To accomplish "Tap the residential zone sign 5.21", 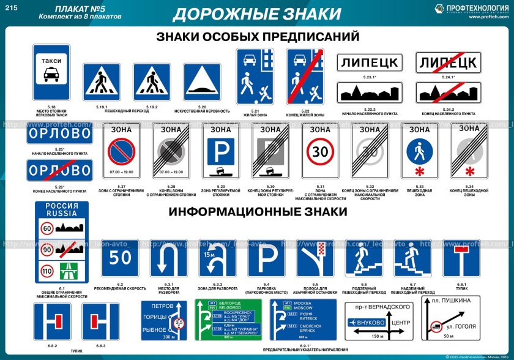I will [255, 77].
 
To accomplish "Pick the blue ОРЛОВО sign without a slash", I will [59, 135].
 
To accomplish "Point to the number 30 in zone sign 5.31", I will [320, 151].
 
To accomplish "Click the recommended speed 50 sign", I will [120, 258].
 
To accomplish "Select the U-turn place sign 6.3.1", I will [169, 258].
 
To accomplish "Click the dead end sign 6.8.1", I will [461, 258].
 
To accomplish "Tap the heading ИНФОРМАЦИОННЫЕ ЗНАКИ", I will [258, 211].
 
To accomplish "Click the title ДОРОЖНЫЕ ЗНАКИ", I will [256, 13].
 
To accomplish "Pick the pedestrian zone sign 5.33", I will [420, 153].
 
